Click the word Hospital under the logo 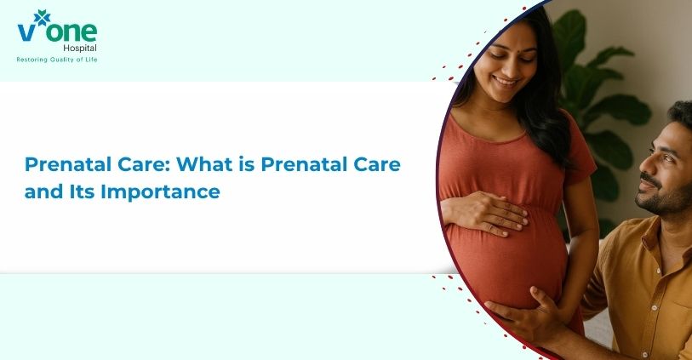(80, 49)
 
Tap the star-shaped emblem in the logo (42, 18)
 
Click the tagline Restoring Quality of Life (57, 60)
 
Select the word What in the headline (204, 164)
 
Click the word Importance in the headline (160, 192)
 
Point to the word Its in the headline (82, 191)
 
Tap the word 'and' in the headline (43, 191)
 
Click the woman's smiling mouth (506, 81)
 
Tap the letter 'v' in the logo (26, 32)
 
